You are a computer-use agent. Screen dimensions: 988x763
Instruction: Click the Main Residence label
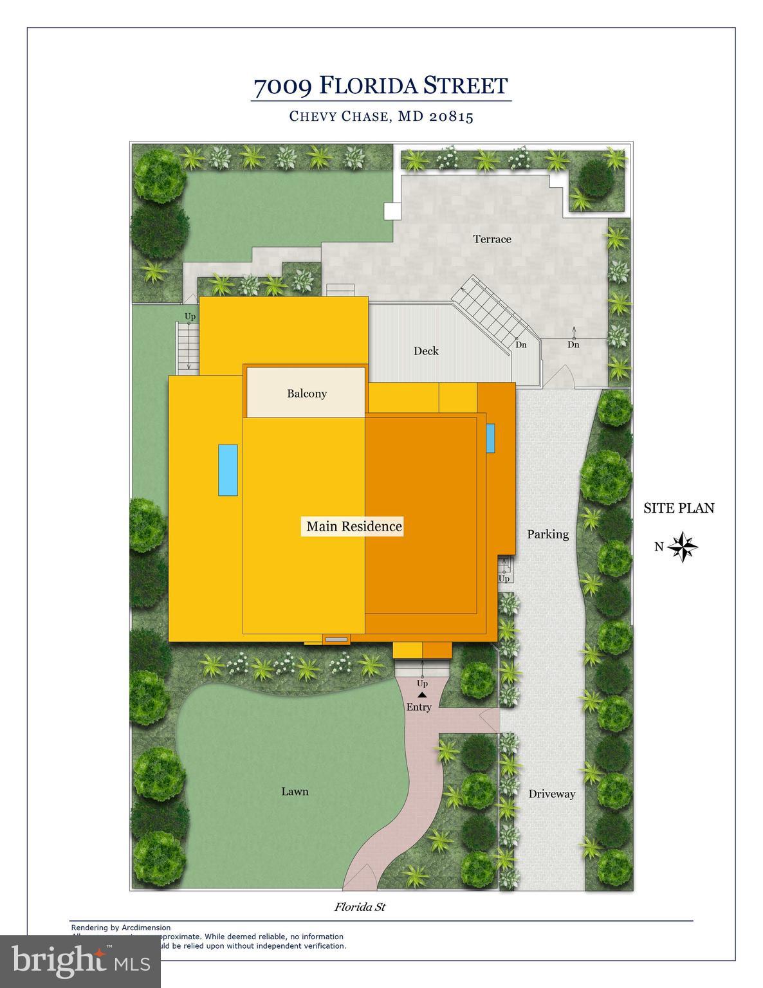click(354, 526)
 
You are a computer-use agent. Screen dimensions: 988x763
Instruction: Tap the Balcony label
click(307, 394)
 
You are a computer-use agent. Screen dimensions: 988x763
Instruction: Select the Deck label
click(426, 351)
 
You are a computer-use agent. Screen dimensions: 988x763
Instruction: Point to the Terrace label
click(492, 239)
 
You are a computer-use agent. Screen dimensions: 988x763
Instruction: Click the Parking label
click(548, 534)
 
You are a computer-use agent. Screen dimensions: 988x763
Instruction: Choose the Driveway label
click(551, 794)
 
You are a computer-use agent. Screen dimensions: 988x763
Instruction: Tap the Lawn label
click(295, 791)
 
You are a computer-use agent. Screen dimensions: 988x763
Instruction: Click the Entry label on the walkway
click(419, 707)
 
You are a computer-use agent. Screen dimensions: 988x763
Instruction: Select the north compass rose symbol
click(683, 547)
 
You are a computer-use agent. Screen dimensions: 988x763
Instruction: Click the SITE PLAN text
click(679, 508)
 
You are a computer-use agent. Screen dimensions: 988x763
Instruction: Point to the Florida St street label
click(360, 907)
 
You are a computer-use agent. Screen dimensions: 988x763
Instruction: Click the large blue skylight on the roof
click(228, 470)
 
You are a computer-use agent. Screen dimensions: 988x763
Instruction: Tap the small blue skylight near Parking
click(490, 437)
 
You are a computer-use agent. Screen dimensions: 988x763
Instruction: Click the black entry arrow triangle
click(422, 695)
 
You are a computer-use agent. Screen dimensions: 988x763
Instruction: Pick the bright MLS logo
click(80, 961)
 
